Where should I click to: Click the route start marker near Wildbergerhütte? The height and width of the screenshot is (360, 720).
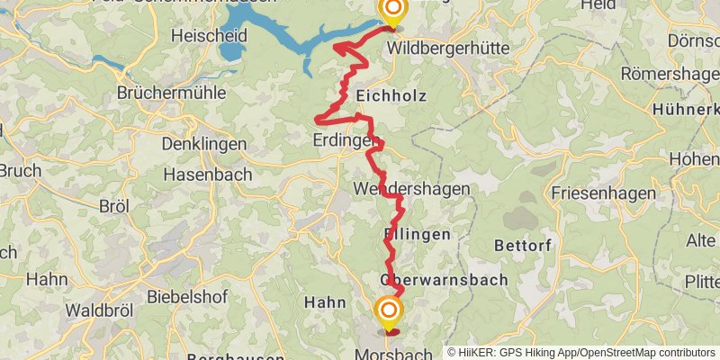coord(392,11)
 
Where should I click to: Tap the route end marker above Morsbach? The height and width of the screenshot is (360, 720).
coord(389,312)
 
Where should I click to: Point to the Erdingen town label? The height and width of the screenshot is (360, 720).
coord(345,140)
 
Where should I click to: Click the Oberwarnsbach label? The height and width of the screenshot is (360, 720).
coord(444,280)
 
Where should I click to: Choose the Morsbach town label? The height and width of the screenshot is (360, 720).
coord(394,352)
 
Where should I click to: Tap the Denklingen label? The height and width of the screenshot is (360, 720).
coord(203,144)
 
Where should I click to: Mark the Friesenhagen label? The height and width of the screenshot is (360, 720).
coord(594,193)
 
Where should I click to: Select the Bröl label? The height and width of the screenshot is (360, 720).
coord(114,206)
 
